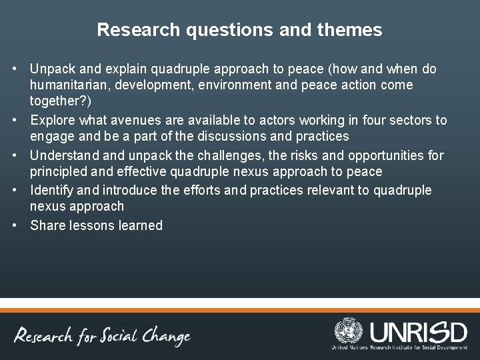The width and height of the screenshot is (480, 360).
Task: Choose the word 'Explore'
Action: (53, 121)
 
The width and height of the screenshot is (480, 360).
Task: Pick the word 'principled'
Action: (61, 173)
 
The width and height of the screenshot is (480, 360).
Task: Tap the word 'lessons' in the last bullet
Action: (91, 225)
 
